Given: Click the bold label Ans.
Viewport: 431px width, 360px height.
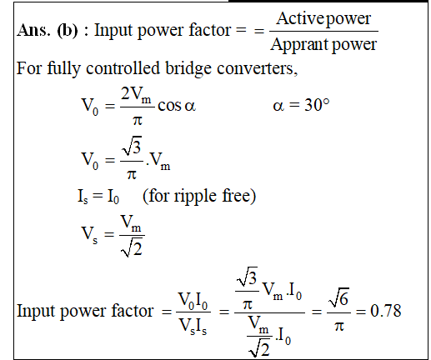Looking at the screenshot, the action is click(34, 30).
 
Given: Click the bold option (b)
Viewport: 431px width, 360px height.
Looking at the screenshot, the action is click(68, 31).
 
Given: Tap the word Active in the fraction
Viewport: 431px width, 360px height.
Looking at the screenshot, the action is click(300, 18).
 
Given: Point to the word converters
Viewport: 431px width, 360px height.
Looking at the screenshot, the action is click(257, 68).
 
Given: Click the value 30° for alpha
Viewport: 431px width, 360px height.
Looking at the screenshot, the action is click(317, 105).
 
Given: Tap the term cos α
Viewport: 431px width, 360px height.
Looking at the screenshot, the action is click(177, 106).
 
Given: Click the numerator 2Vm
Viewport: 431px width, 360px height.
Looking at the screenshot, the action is click(136, 95).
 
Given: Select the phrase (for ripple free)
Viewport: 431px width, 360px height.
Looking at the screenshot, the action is click(199, 197).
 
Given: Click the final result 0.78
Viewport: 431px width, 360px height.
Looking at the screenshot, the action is click(386, 311).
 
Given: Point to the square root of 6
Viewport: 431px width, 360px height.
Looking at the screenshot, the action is click(338, 297).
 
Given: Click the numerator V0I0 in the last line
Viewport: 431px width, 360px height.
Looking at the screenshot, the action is click(193, 301).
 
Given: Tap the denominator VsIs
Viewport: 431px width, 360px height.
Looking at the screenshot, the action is click(193, 325).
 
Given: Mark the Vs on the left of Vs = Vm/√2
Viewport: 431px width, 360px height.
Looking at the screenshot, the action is click(89, 233).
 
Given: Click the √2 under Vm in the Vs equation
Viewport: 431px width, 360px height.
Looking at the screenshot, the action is click(132, 247).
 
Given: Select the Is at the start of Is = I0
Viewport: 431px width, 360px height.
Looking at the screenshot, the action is click(83, 197).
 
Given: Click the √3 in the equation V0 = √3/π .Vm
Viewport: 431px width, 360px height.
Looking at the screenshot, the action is click(132, 146).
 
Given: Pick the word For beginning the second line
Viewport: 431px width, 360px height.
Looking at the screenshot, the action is click(29, 68).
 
